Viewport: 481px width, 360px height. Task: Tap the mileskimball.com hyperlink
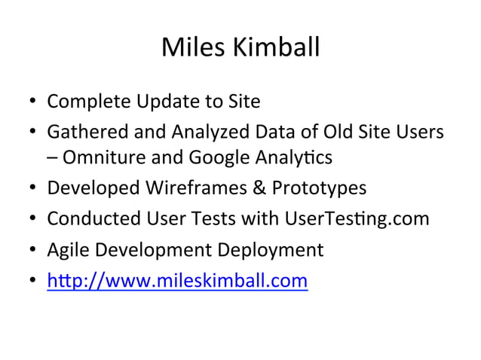177,281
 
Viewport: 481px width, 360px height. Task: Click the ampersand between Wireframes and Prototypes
259,188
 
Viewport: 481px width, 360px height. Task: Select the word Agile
69,249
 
